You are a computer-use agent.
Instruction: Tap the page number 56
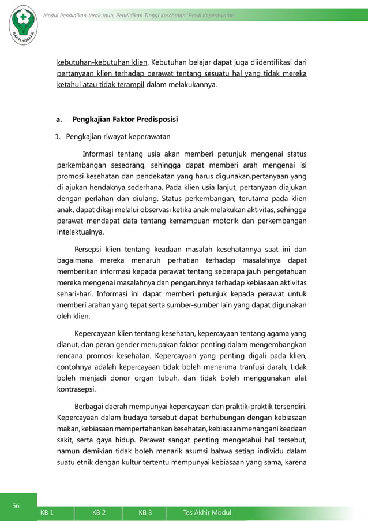point(17,506)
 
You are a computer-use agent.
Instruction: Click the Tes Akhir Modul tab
point(205,511)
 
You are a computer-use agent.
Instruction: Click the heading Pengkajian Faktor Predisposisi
point(125,120)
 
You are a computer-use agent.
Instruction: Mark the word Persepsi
point(91,250)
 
